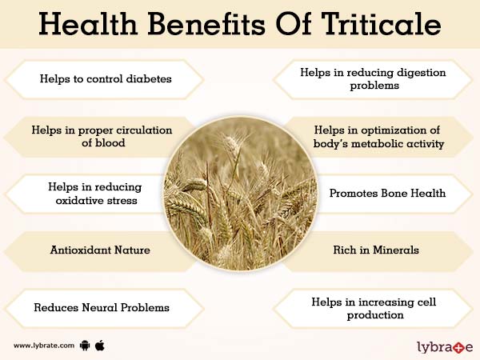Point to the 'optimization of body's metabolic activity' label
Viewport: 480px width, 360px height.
[x=379, y=136]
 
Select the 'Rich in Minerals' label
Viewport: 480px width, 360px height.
[x=376, y=250]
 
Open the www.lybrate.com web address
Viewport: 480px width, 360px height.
[x=44, y=346]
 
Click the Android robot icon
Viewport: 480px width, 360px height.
[x=86, y=346]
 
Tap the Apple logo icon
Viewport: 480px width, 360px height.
[x=101, y=346]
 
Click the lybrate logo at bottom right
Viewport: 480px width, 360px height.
[x=443, y=346]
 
